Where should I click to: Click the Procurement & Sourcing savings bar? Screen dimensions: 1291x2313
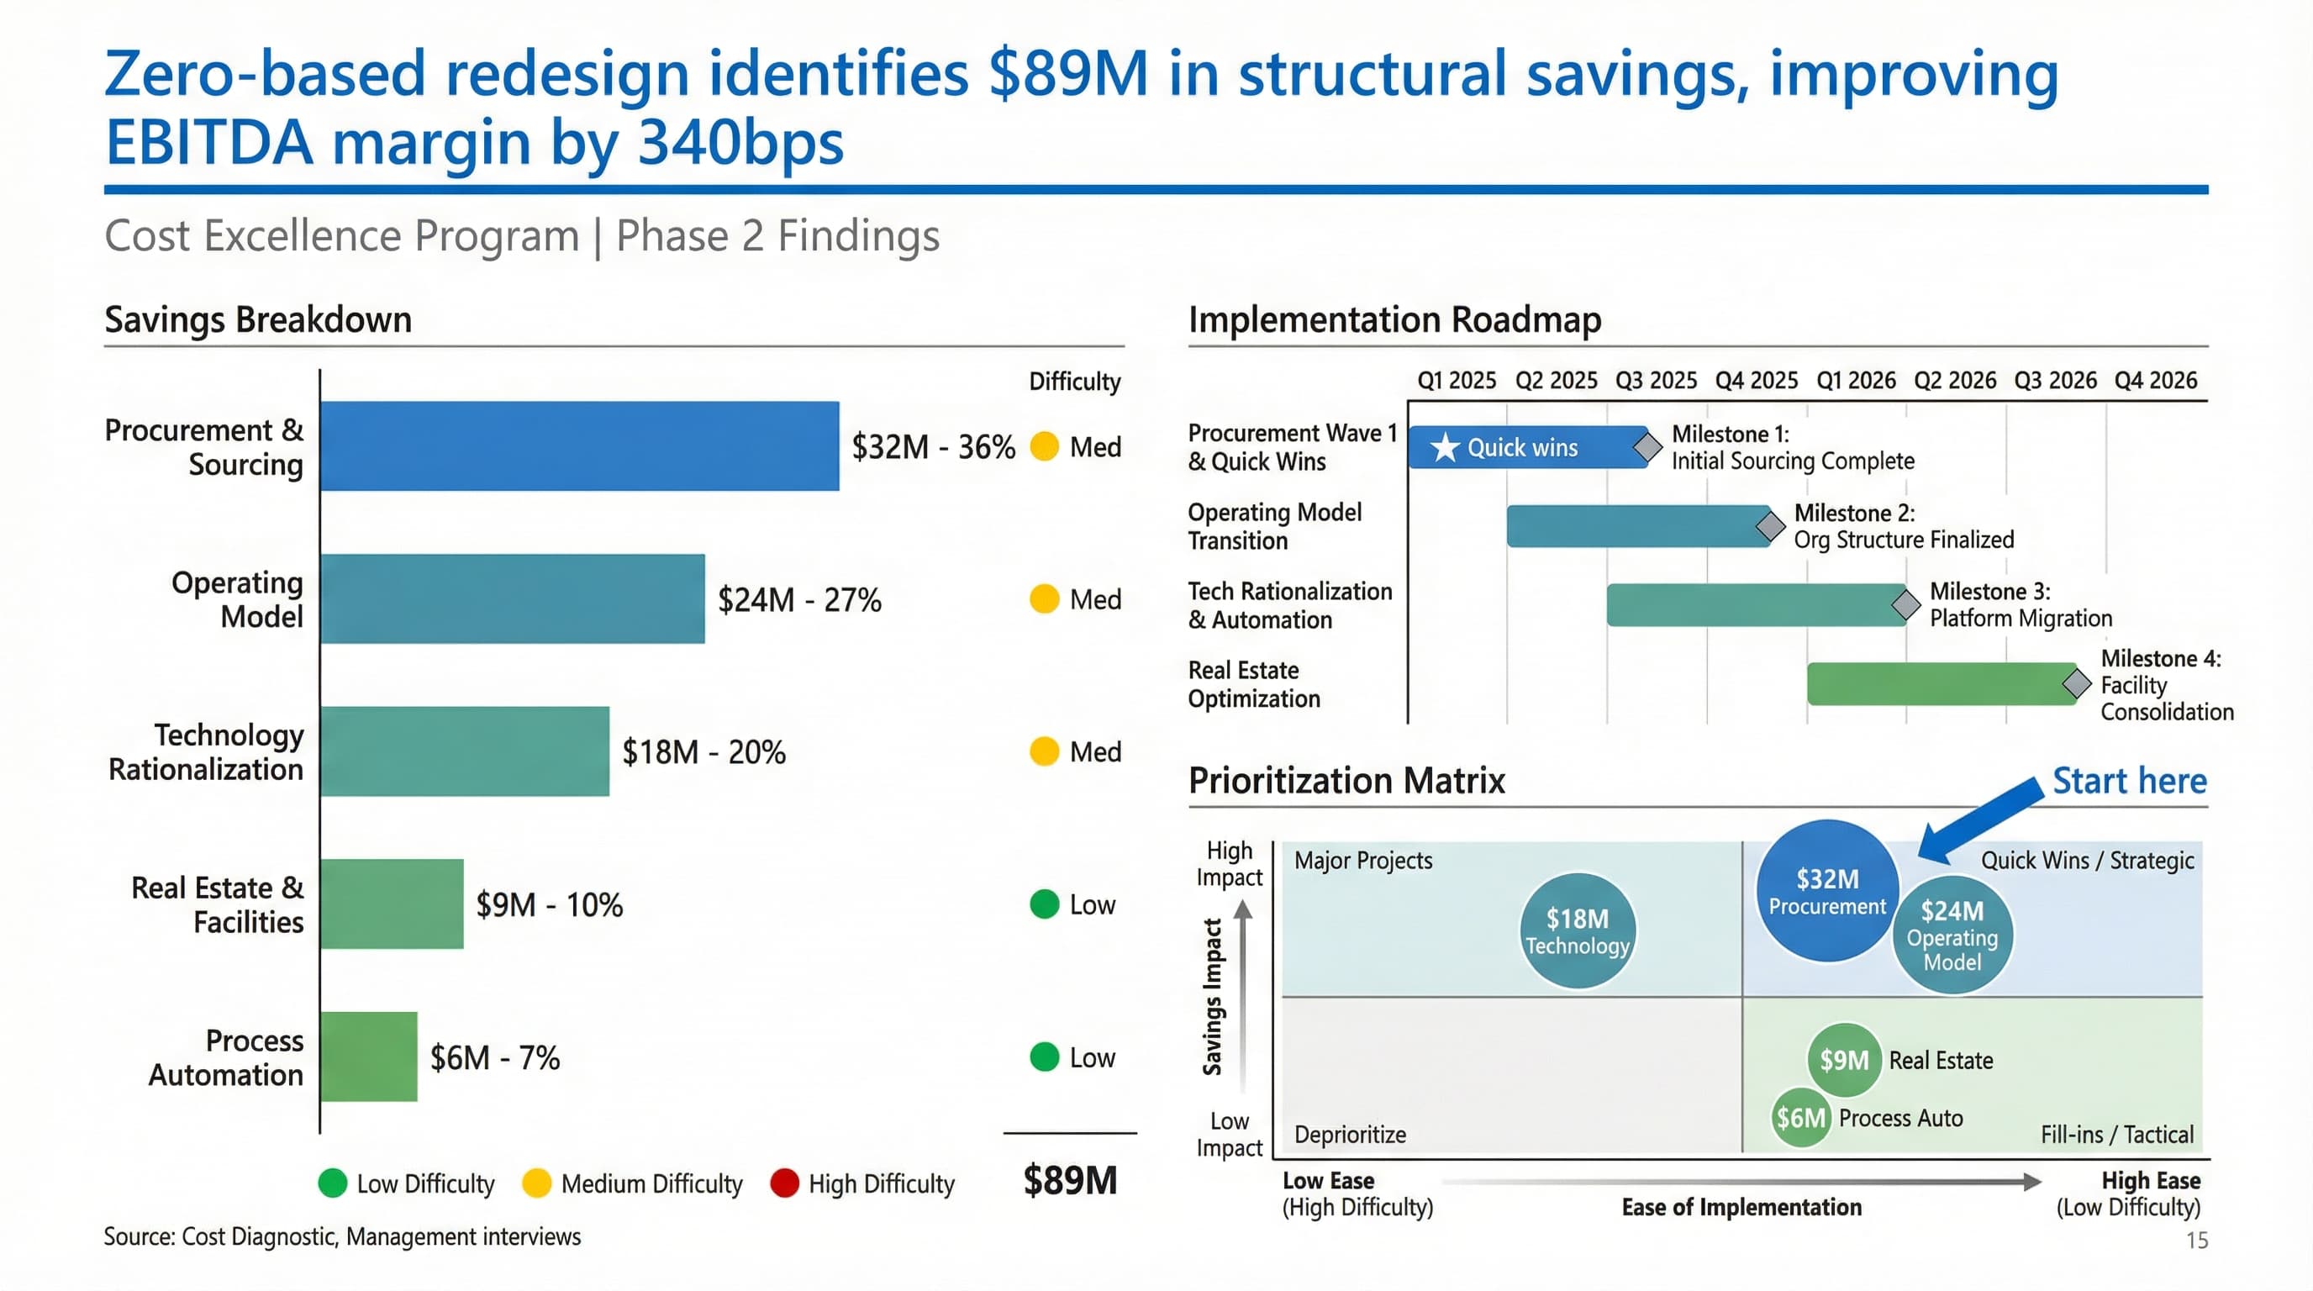pos(579,446)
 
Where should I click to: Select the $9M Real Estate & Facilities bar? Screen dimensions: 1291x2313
pos(392,904)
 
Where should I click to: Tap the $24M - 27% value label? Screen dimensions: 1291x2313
pos(799,600)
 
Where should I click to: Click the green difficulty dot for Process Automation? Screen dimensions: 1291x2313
pos(1044,1057)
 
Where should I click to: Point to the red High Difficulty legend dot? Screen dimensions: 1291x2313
pos(785,1183)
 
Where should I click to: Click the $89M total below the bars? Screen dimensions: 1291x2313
pos(1070,1181)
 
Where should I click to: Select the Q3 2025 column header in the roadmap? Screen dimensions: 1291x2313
pos(1656,381)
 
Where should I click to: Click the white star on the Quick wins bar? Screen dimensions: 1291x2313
pos(1445,447)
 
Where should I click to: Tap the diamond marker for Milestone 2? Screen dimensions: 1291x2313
pos(1770,526)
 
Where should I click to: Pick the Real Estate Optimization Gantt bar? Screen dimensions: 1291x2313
pos(1940,684)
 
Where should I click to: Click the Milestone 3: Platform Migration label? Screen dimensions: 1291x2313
pos(2021,605)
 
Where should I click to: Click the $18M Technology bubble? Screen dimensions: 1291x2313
pos(1578,931)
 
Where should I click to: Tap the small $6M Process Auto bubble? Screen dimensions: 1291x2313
pos(1800,1119)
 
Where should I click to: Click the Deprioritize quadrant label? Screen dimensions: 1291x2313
pos(1350,1135)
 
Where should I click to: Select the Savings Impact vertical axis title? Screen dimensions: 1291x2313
pos(1212,997)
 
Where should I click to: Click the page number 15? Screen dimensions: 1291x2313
pos(2196,1241)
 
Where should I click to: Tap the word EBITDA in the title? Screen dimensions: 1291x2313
pos(209,144)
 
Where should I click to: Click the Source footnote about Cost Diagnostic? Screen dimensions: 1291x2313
pos(342,1237)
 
